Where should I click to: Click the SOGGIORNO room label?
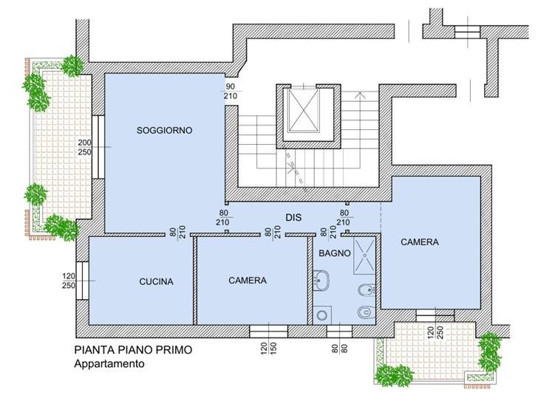[164, 130]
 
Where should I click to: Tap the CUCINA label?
[156, 281]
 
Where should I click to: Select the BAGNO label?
[334, 253]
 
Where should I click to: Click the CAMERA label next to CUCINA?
[247, 281]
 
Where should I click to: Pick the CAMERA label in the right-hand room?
[419, 241]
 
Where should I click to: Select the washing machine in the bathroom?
[322, 315]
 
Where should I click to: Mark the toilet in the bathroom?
[364, 313]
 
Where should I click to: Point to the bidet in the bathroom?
[364, 288]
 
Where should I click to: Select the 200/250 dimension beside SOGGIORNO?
[85, 147]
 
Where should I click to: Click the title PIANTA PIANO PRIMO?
[133, 351]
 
